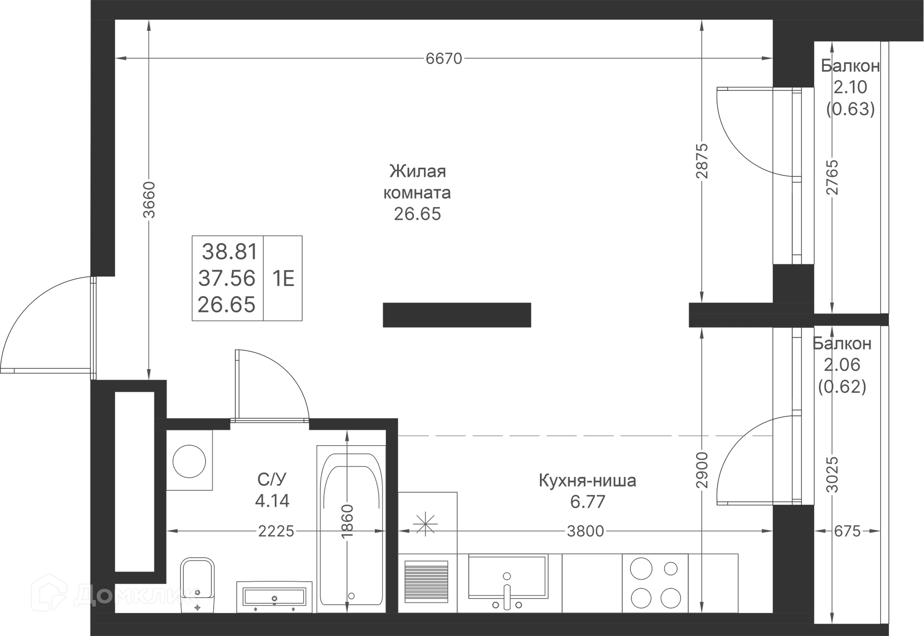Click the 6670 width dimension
pyautogui.click(x=444, y=59)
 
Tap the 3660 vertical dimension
pyautogui.click(x=150, y=200)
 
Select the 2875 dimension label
pyautogui.click(x=702, y=161)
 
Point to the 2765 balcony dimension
pyautogui.click(x=832, y=177)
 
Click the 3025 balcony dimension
pyautogui.click(x=832, y=474)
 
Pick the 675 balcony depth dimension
pyautogui.click(x=847, y=531)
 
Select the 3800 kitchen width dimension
pyautogui.click(x=585, y=531)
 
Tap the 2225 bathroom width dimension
pyautogui.click(x=276, y=531)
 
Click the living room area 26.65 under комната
pyautogui.click(x=417, y=214)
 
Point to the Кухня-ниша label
pyautogui.click(x=587, y=480)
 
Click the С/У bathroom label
pyautogui.click(x=272, y=479)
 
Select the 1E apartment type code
pyautogui.click(x=283, y=278)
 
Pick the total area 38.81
pyautogui.click(x=230, y=251)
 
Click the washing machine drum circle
pyautogui.click(x=189, y=461)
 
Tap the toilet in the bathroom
pyautogui.click(x=197, y=586)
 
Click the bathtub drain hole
pyautogui.click(x=351, y=596)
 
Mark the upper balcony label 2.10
pyautogui.click(x=850, y=87)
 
